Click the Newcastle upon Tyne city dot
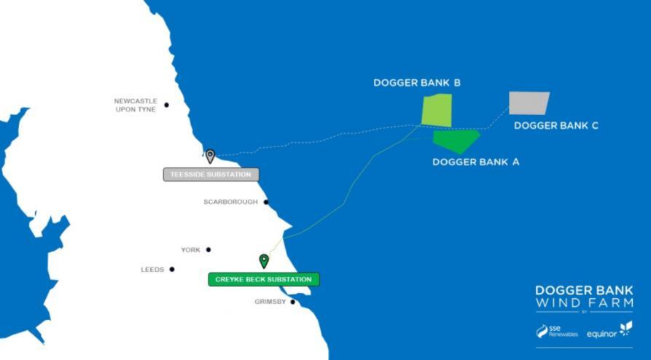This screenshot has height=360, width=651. tap(166, 105)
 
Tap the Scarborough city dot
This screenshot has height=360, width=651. tap(266, 202)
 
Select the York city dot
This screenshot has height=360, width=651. tap(208, 250)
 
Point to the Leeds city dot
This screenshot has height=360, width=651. tap(172, 270)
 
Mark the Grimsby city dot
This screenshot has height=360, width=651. tap(293, 302)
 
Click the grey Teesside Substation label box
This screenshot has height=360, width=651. tap(211, 175)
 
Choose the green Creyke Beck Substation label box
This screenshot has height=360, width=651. tap(264, 279)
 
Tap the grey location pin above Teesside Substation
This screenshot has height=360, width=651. tap(210, 155)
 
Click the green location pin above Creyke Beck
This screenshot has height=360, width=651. tap(264, 260)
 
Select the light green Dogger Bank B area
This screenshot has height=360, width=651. tap(437, 109)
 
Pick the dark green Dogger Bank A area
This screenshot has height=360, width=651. tap(456, 139)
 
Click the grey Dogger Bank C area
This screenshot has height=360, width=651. tap(529, 103)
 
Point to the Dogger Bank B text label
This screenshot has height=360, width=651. tap(417, 83)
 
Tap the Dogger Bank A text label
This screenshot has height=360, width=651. tap(475, 162)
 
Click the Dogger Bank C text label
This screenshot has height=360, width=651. tap(556, 125)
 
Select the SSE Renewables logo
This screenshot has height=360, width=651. tap(557, 331)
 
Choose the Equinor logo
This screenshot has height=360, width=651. tap(609, 330)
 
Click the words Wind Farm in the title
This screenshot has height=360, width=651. tap(584, 302)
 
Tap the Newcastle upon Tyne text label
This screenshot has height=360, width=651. tap(136, 105)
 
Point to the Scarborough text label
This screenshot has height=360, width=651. tap(230, 202)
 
